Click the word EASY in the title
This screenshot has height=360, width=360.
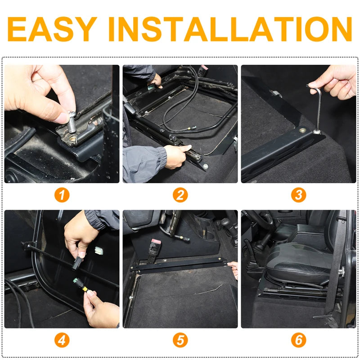tap(52, 29)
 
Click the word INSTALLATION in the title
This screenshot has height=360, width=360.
tap(230, 29)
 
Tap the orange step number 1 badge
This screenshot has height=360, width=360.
tap(62, 195)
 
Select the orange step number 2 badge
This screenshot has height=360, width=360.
tap(180, 195)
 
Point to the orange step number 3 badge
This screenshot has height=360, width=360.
tap(298, 195)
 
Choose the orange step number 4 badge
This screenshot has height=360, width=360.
tap(62, 340)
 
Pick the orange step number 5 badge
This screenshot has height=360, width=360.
tap(180, 340)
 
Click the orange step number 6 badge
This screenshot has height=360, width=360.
tap(298, 340)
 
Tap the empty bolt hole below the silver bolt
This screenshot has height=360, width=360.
tap(73, 139)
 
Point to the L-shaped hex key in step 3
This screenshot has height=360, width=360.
tap(316, 108)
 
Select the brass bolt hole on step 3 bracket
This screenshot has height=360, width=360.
tap(302, 130)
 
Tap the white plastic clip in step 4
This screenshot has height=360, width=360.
tap(98, 251)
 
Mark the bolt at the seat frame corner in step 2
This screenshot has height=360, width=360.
tap(206, 166)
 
